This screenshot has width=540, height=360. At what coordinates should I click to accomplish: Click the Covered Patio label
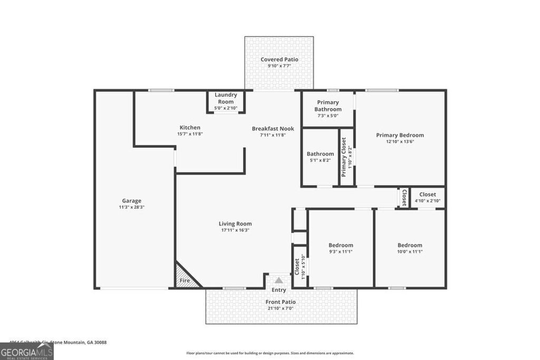[x=279, y=60]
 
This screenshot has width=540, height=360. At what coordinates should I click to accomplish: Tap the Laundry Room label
[x=226, y=98]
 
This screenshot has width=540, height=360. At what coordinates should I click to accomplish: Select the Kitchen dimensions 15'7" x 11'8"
[x=190, y=134]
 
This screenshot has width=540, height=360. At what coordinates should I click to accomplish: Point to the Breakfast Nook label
[x=273, y=129]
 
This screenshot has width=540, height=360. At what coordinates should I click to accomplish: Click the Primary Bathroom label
[x=328, y=105]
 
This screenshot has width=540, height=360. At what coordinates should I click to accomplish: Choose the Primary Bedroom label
[x=400, y=135]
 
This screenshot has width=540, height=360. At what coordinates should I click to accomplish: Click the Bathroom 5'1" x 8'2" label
[x=320, y=154]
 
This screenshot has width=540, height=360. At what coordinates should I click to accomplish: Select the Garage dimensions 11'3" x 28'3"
[x=132, y=207]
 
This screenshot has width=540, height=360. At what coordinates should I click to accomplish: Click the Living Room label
[x=235, y=223]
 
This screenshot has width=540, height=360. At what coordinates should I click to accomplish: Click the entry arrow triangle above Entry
[x=278, y=280]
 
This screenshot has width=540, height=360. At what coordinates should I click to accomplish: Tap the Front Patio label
[x=281, y=302]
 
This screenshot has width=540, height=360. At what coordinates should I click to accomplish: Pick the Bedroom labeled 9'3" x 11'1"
[x=341, y=245]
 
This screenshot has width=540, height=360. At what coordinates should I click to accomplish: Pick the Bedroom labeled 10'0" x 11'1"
[x=410, y=245]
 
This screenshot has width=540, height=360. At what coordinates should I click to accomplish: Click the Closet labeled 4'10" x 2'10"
[x=428, y=194]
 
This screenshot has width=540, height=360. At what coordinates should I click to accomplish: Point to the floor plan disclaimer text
[x=270, y=353]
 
